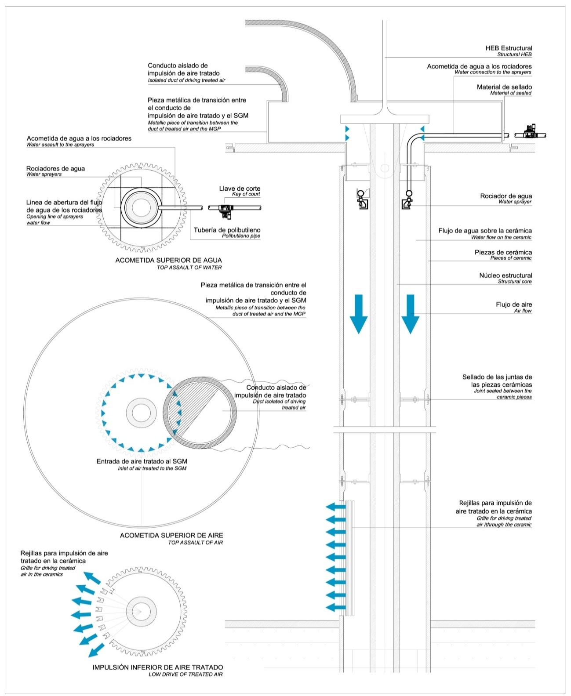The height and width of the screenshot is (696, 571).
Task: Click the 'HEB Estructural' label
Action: (x=508, y=48)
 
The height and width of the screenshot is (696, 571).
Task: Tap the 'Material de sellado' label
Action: (x=504, y=87)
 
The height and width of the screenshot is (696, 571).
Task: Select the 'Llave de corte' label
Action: (x=240, y=188)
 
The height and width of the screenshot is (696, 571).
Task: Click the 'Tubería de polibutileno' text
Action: (x=227, y=230)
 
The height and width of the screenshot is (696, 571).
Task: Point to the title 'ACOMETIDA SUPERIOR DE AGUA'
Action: (x=168, y=260)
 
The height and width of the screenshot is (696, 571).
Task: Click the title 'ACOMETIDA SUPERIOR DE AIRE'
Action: (x=171, y=535)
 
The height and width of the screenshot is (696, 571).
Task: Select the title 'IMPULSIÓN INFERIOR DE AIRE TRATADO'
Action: (x=157, y=667)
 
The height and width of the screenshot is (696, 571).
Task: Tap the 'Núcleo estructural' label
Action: (x=505, y=275)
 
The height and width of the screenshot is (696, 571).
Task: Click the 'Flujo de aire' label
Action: (x=513, y=304)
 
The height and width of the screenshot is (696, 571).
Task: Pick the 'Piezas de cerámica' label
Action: (x=503, y=252)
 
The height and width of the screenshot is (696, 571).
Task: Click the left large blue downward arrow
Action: (x=359, y=313)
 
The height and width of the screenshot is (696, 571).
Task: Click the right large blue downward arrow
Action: (x=410, y=313)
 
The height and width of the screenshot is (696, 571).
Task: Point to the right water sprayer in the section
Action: (x=408, y=200)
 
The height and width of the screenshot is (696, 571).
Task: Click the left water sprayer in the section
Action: (x=362, y=200)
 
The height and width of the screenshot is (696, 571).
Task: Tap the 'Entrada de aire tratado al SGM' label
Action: (x=142, y=461)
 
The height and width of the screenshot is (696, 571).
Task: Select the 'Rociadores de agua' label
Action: (x=55, y=168)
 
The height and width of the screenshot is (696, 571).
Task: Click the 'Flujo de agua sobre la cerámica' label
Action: (x=484, y=231)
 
